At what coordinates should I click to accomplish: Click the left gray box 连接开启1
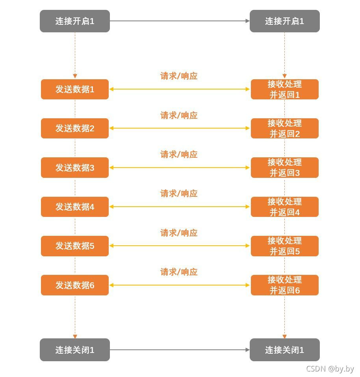pos(75,21)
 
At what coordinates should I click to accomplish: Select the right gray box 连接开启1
pos(284,21)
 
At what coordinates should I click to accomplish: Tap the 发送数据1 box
pos(75,89)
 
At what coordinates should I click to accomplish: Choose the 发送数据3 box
pos(75,168)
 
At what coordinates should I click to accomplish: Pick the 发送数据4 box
pos(75,207)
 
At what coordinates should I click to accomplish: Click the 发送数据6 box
pos(75,285)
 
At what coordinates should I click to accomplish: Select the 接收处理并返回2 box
pos(284,128)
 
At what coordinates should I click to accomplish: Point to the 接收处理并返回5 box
pos(284,246)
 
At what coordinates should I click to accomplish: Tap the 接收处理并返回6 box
pos(284,285)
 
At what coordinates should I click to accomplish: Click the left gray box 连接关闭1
pos(75,350)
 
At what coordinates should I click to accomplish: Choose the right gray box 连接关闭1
pos(284,350)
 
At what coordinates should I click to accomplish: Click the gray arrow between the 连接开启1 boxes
pos(180,21)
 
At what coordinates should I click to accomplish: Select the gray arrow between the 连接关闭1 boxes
pos(180,350)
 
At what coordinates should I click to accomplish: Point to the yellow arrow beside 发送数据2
pos(180,128)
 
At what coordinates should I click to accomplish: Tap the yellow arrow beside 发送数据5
pos(180,246)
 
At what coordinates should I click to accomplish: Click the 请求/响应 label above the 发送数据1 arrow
pos(179,76)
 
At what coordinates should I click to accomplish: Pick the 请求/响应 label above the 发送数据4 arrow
pos(179,194)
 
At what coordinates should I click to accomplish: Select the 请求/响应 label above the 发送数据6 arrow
pos(179,272)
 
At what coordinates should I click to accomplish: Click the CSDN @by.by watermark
pos(330,369)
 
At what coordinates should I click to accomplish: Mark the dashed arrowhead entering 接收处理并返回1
pos(284,76)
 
